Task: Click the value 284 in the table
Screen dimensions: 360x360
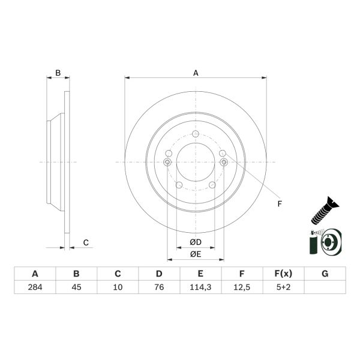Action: [35, 287]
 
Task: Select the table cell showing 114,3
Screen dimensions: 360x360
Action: [200, 287]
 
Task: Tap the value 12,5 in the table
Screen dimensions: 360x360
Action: [241, 287]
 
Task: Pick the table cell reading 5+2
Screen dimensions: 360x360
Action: [283, 287]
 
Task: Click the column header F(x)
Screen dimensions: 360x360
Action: [283, 274]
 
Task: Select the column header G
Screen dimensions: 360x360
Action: [324, 274]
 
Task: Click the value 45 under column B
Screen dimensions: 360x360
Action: [76, 287]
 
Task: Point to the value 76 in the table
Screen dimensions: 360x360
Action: [159, 287]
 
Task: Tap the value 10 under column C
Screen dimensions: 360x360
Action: [118, 287]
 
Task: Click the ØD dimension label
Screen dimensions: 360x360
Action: [195, 242]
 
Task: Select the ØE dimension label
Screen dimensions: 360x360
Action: [195, 254]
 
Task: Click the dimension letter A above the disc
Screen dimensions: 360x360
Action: [196, 73]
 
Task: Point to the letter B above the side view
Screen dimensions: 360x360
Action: [58, 73]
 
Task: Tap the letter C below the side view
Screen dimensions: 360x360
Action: [86, 242]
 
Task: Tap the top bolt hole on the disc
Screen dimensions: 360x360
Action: [196, 134]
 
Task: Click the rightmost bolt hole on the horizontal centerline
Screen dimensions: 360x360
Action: [224, 162]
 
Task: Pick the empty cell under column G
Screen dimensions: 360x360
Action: [324, 287]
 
